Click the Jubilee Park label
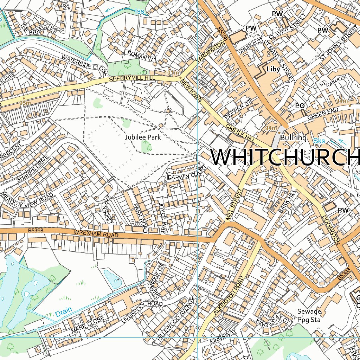click(x=143, y=137)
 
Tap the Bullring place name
click(x=293, y=137)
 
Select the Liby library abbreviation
click(x=274, y=69)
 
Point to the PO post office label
click(x=300, y=106)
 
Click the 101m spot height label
click(x=171, y=73)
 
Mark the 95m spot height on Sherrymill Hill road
click(x=25, y=103)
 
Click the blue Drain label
click(x=63, y=312)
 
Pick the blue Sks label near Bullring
click(x=319, y=141)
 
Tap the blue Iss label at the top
click(x=140, y=12)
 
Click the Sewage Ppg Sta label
click(x=309, y=315)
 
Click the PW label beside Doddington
click(x=343, y=210)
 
